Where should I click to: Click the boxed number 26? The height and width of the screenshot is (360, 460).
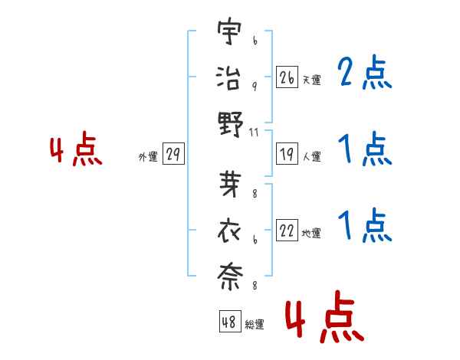(x=287, y=78)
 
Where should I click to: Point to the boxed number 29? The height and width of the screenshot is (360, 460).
(x=173, y=155)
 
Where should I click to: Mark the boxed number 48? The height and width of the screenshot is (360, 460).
(x=229, y=322)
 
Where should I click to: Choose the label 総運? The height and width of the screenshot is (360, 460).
(x=254, y=324)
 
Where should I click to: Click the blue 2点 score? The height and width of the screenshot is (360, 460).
(x=365, y=74)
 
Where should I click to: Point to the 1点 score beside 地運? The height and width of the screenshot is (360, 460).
(x=365, y=226)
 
